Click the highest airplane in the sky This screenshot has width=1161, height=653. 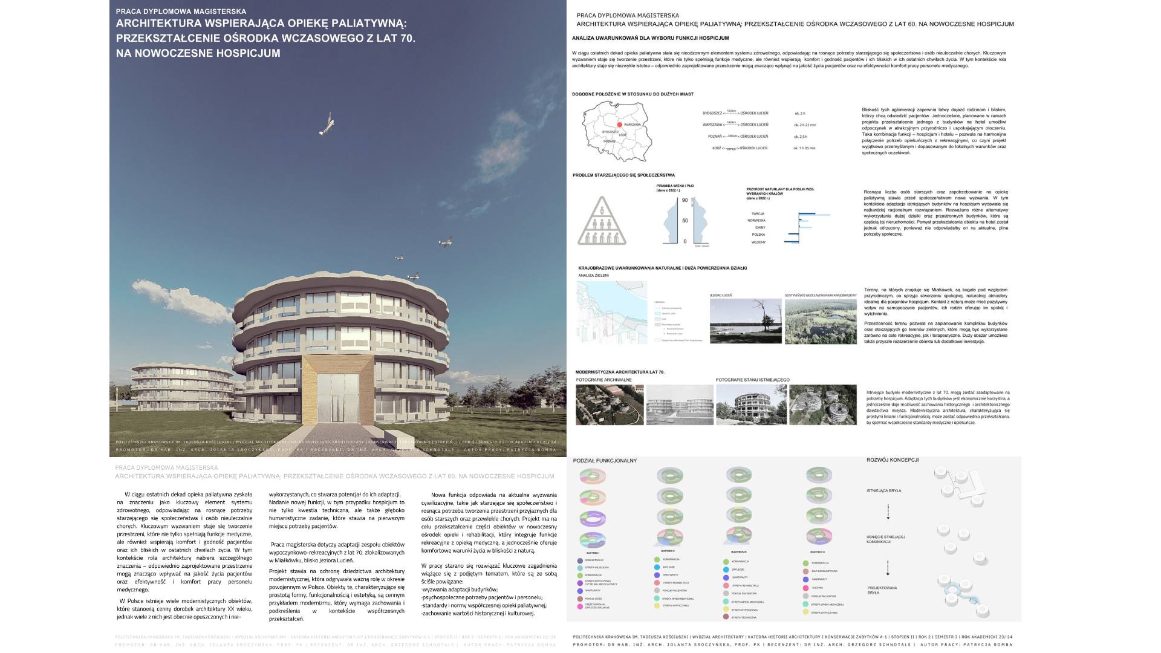click(327, 123)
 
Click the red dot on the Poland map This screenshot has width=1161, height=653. click(619, 125)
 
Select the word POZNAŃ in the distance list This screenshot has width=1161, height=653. click(715, 137)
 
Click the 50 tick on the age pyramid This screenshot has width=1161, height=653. click(685, 221)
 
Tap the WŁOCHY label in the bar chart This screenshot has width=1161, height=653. click(758, 242)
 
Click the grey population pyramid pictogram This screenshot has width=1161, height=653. click(601, 221)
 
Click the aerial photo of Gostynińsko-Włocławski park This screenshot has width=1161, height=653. click(821, 322)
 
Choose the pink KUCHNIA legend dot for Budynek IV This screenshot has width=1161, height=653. click(806, 588)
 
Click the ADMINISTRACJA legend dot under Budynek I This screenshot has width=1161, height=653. click(580, 560)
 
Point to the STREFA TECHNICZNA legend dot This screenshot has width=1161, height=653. click(726, 617)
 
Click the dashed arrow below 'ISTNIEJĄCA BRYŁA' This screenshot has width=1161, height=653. click(888, 512)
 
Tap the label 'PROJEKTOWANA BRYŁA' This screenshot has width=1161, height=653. click(882, 590)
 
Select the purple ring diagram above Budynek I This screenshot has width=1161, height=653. click(593, 519)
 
